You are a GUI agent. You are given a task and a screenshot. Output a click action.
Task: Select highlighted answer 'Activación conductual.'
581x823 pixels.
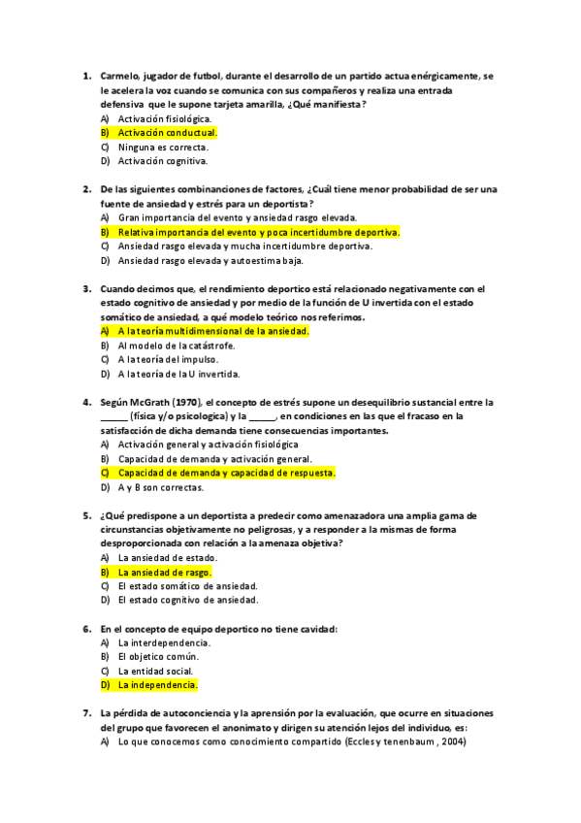click(167, 132)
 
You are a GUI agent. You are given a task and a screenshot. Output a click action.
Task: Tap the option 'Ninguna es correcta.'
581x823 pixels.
click(163, 147)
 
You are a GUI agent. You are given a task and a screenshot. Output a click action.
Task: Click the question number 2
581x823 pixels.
click(86, 189)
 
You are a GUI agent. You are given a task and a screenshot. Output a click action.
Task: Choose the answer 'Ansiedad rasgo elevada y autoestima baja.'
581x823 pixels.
click(210, 260)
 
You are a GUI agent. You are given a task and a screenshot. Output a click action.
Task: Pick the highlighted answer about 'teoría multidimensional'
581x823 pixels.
click(212, 331)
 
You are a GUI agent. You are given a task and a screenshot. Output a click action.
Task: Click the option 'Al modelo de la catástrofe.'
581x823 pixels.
click(177, 346)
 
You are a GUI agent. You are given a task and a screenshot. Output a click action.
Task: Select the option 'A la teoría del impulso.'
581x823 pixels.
click(170, 359)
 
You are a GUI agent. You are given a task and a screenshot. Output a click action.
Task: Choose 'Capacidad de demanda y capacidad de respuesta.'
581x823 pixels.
click(226, 473)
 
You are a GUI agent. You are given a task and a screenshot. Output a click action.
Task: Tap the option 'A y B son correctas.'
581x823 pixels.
click(161, 487)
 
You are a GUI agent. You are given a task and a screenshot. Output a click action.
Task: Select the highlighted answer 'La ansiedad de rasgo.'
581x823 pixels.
click(165, 573)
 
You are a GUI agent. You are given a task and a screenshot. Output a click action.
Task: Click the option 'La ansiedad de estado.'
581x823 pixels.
click(168, 558)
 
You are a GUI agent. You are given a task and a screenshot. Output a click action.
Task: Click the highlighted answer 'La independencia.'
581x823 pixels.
click(157, 684)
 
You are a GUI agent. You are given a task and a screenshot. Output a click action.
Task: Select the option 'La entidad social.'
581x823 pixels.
click(155, 671)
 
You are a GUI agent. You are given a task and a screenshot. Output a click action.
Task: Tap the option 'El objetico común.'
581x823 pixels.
click(158, 657)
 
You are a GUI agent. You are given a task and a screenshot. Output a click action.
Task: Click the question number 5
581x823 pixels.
click(86, 515)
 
